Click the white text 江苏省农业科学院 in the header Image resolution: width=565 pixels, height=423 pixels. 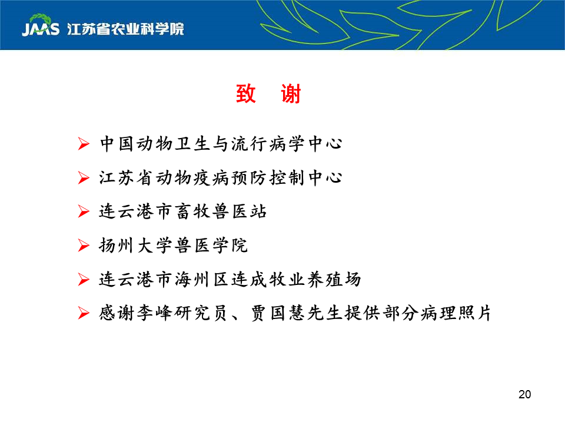tap(125, 29)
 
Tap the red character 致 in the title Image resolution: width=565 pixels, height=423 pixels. tap(246, 94)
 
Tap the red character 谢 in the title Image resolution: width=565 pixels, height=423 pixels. tap(291, 94)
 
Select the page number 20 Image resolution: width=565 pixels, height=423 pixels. tap(524, 394)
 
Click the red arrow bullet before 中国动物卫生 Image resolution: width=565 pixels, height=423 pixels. tap(84, 144)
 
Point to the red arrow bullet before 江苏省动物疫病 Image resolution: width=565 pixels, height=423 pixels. tap(84, 177)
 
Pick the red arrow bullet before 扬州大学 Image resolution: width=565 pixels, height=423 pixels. tap(84, 246)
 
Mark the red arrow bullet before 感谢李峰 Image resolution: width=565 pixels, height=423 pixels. tap(84, 313)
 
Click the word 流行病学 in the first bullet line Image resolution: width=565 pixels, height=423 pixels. tap(268, 144)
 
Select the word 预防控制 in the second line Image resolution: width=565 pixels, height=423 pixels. tap(268, 177)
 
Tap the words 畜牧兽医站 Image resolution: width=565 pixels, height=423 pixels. tap(221, 211)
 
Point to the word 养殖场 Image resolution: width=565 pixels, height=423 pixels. tap(334, 279)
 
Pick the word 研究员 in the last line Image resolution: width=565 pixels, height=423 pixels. tap(201, 313)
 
